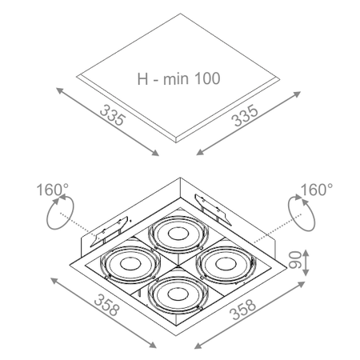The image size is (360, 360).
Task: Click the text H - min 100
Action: tap(178, 78)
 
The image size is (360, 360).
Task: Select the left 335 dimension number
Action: tap(112, 115)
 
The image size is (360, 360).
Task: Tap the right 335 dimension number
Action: tap(245, 115)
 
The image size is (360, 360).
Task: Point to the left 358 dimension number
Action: tap(106, 305)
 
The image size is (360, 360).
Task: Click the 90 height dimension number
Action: tap(294, 259)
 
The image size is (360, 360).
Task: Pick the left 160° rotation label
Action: tap(52, 190)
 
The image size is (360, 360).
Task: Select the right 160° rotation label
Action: tap(317, 190)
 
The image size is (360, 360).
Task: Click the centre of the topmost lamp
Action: tap(178, 234)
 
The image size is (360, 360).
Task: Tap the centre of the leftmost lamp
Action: tap(130, 264)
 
